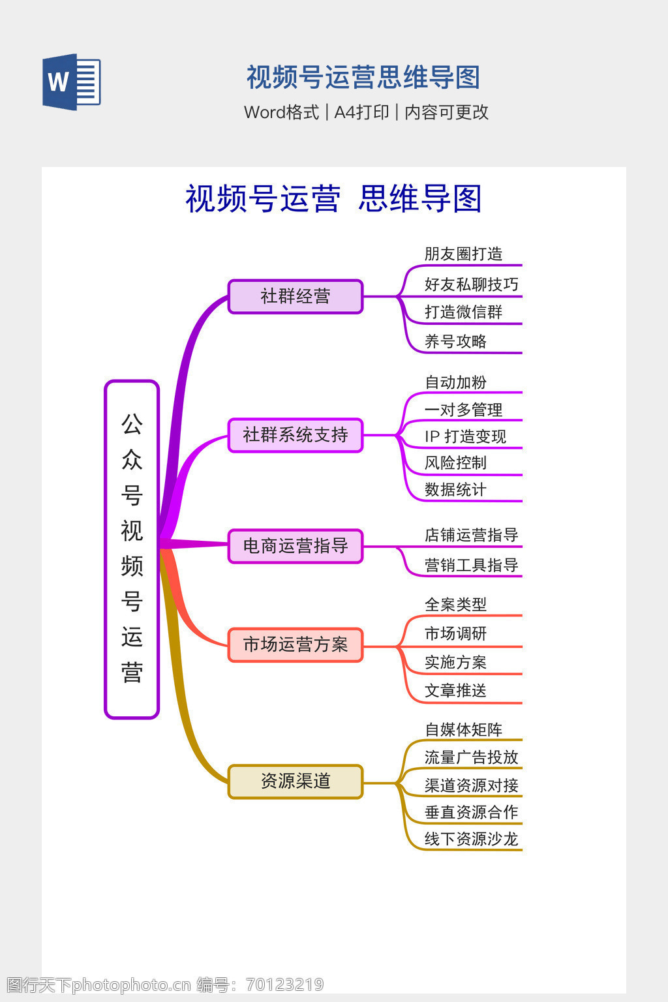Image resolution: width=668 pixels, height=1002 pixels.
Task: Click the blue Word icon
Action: pos(71,82)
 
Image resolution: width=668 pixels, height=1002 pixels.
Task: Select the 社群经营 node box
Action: pos(295,297)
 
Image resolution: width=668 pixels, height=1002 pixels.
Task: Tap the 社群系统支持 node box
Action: pos(295,435)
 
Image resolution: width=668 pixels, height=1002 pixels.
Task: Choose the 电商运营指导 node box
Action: pos(295,546)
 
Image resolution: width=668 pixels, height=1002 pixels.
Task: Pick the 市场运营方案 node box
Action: pos(295,645)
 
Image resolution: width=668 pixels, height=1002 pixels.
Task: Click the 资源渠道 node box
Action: pos(295,782)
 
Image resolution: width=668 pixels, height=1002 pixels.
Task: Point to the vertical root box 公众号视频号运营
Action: pos(132,549)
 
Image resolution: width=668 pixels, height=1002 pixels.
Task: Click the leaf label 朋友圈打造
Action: pos(463,254)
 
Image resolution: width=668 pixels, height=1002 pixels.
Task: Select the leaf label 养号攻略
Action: pos(455,341)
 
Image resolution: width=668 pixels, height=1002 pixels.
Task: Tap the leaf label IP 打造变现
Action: pos(465,436)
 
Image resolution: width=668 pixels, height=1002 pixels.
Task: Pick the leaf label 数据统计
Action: pos(455,489)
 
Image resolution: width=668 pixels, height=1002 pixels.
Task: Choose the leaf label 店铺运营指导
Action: pos(471,535)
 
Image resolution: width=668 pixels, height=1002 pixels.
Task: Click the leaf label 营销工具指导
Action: pos(471,565)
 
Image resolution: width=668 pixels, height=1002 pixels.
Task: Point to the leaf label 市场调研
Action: pos(455,633)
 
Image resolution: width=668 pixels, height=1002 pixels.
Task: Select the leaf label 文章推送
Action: pos(455,690)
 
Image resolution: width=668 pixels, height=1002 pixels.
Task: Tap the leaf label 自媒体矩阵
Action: pos(463,729)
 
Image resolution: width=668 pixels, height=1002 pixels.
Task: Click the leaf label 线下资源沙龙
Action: pos(471,839)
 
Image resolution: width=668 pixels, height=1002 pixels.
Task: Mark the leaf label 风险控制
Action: pos(455,463)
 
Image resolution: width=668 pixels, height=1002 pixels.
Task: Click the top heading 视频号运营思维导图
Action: pos(363,78)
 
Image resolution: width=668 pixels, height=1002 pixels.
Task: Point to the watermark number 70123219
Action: pos(284,984)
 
